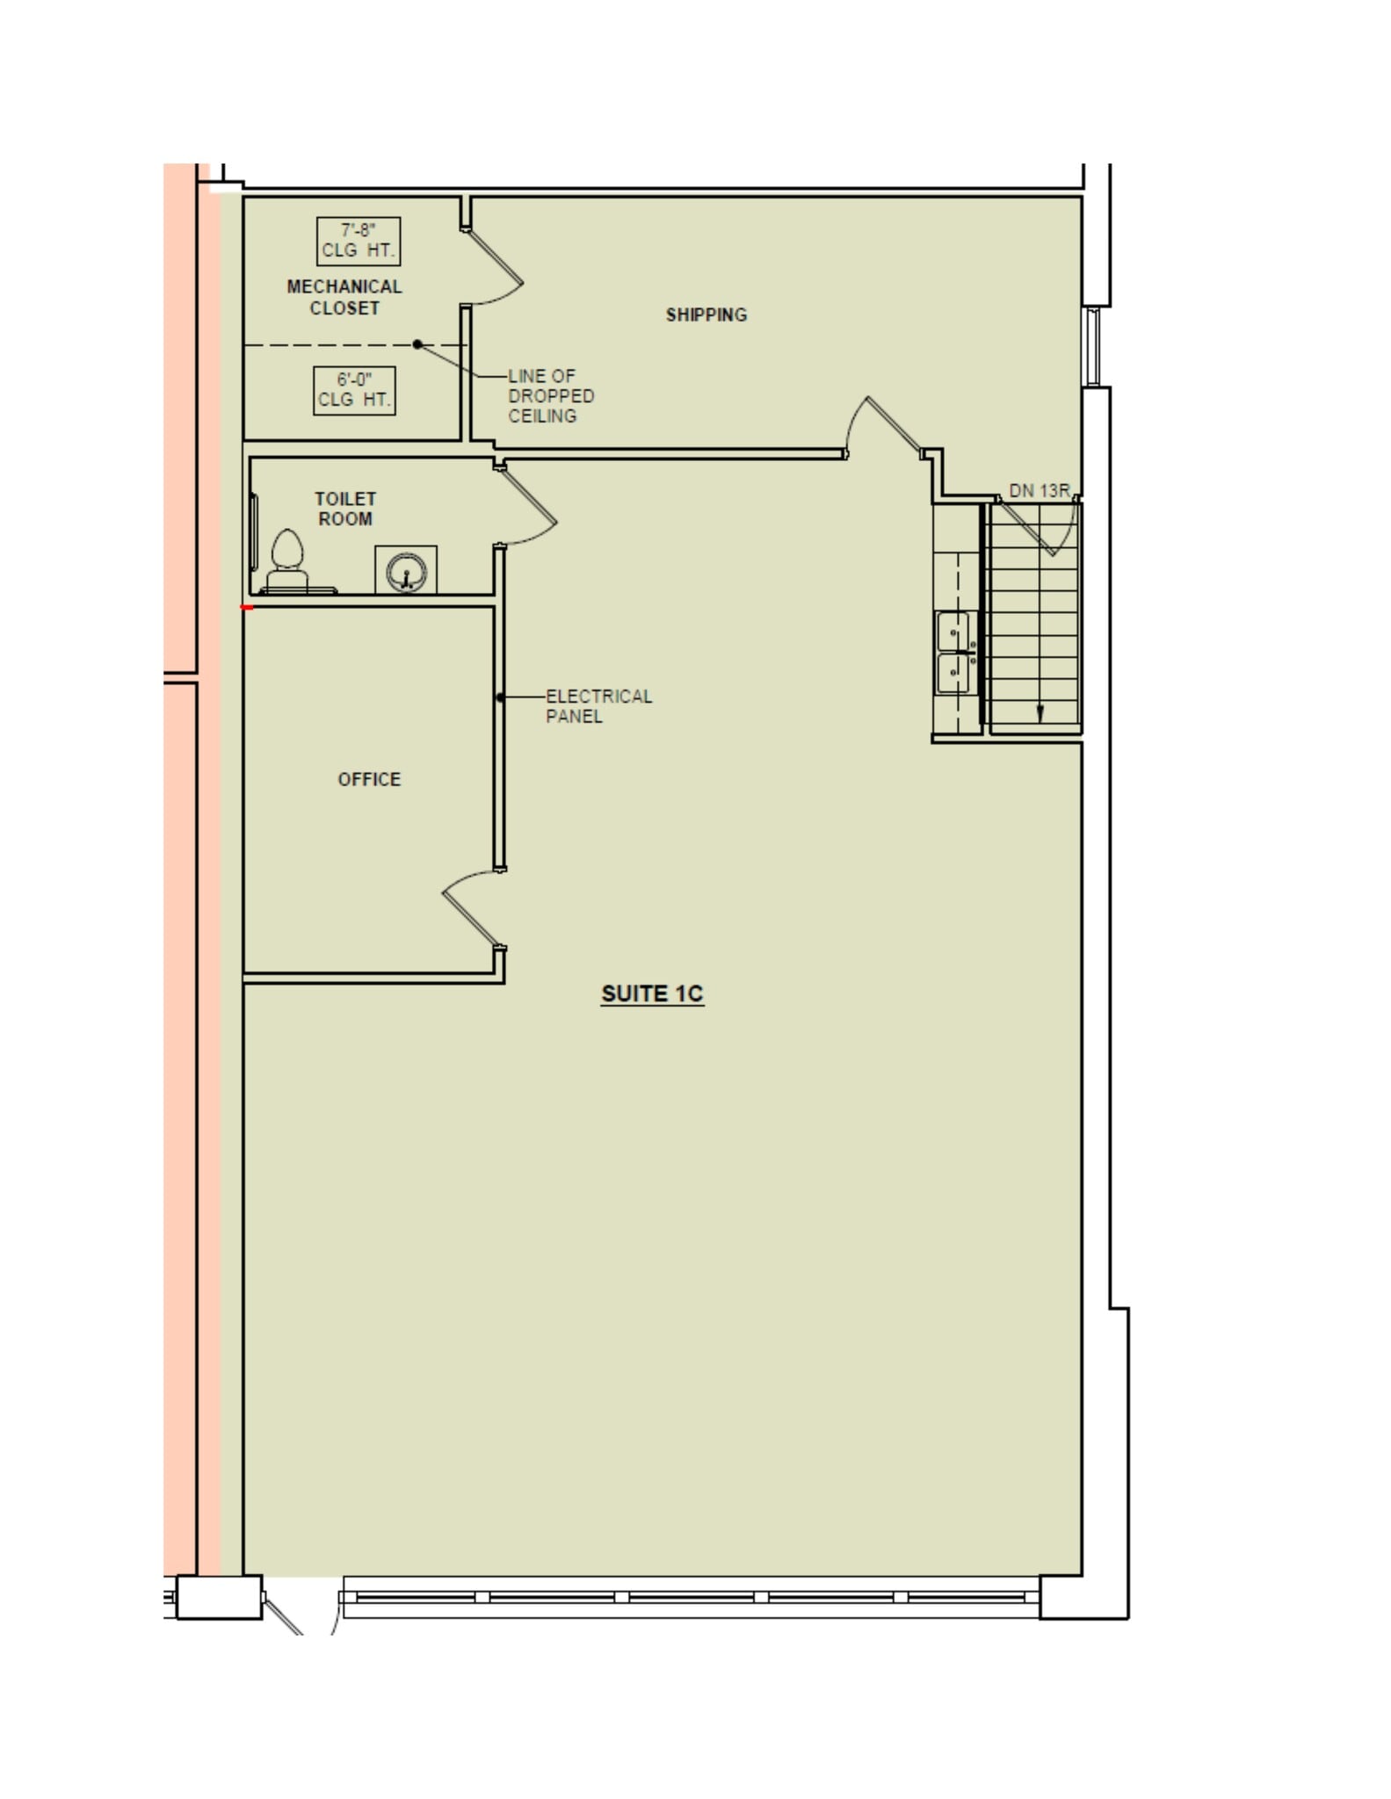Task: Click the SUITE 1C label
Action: tap(652, 993)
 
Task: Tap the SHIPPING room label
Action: tap(706, 314)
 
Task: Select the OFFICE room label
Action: tap(369, 779)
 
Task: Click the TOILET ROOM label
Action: tap(345, 509)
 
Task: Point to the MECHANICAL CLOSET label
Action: tap(344, 297)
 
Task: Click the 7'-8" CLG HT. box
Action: tap(359, 241)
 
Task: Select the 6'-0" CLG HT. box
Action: tap(354, 390)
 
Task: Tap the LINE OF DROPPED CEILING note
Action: tap(551, 396)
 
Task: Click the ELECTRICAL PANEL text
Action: tap(598, 706)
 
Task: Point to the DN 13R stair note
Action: tap(1039, 491)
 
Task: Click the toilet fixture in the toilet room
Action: tap(287, 562)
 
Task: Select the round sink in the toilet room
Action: tap(406, 571)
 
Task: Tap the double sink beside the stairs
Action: tap(954, 653)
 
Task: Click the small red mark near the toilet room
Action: tap(247, 607)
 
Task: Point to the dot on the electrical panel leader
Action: tap(500, 697)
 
